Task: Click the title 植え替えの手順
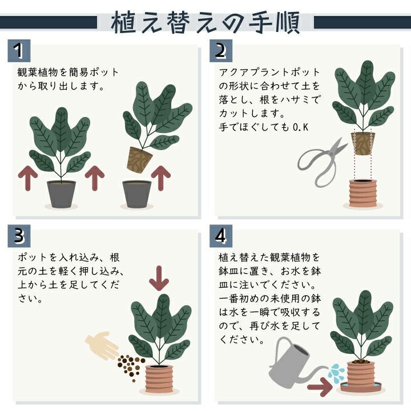pyautogui.click(x=205, y=22)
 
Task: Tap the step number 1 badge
pyautogui.click(x=19, y=51)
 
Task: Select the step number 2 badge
pyautogui.click(x=221, y=51)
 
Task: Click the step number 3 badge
pyautogui.click(x=19, y=236)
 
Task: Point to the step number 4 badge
pyautogui.click(x=221, y=236)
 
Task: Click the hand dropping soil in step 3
pyautogui.click(x=102, y=345)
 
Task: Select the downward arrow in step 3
pyautogui.click(x=159, y=279)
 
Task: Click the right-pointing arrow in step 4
pyautogui.click(x=320, y=387)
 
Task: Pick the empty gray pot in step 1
pyautogui.click(x=136, y=194)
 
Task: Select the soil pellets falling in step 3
pyautogui.click(x=131, y=366)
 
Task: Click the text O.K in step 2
pyautogui.click(x=300, y=127)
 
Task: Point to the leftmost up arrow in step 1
pyautogui.click(x=28, y=178)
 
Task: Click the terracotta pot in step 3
pyautogui.click(x=159, y=378)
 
